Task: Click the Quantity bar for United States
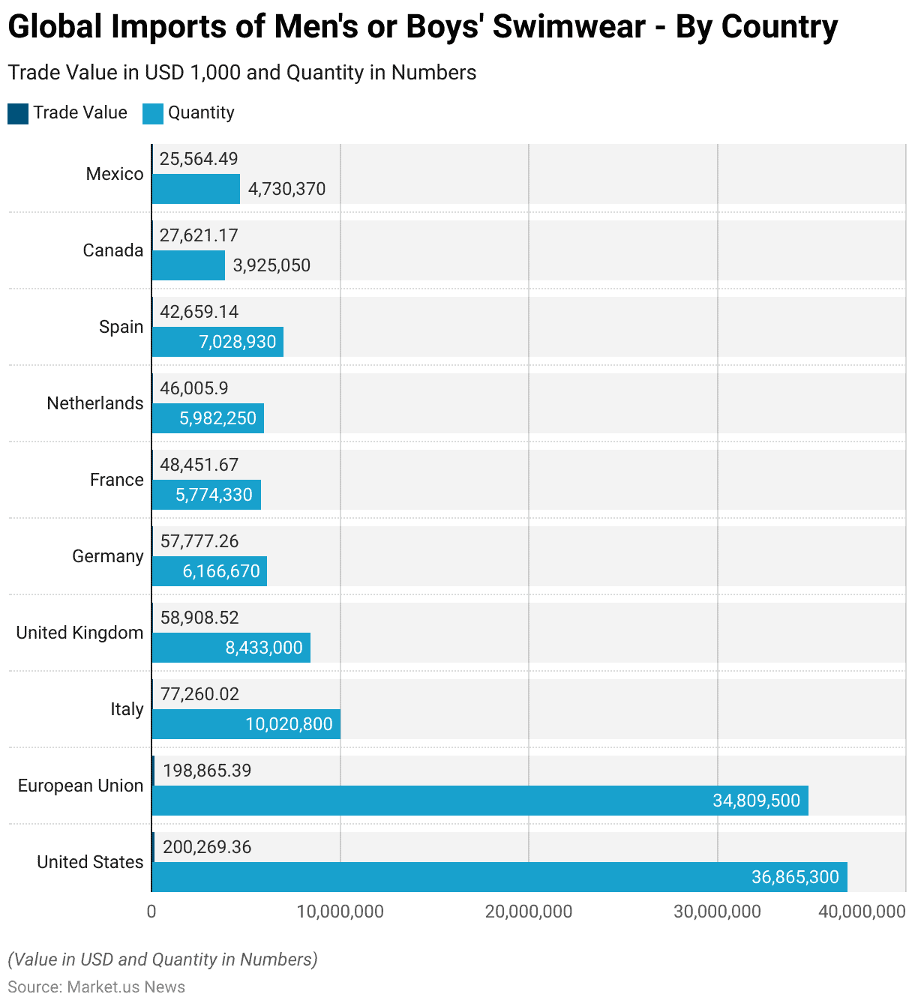coord(499,877)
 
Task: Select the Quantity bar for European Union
coord(480,801)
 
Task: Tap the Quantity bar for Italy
coord(246,724)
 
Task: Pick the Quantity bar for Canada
coord(188,265)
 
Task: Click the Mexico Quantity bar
coord(196,189)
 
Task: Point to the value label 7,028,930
coord(237,342)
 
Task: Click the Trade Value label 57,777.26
coord(199,541)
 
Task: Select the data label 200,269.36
coord(207,847)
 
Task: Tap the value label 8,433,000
coord(264,648)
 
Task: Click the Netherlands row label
coord(95,403)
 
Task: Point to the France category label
coord(116,480)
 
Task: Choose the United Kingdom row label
coord(79,633)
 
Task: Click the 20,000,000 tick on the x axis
coord(529,912)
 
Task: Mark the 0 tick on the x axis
coord(151,912)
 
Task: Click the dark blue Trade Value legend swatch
coord(18,113)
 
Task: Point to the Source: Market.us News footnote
coord(97,987)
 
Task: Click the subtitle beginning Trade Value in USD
coord(242,73)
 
